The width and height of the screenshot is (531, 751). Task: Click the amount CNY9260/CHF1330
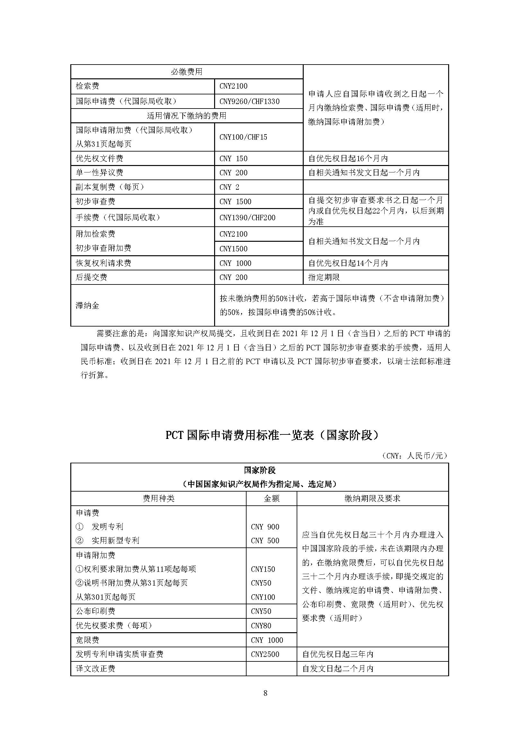pyautogui.click(x=249, y=101)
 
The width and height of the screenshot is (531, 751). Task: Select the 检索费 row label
pyautogui.click(x=87, y=86)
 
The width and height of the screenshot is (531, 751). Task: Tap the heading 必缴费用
pyautogui.click(x=187, y=72)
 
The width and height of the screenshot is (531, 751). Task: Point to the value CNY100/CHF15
pyautogui.click(x=243, y=137)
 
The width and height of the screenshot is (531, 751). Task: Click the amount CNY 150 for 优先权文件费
pyautogui.click(x=233, y=159)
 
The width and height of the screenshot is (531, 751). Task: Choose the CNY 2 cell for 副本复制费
pyautogui.click(x=229, y=187)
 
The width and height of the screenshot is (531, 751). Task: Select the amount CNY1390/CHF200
pyautogui.click(x=247, y=217)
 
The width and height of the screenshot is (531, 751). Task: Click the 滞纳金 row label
pyautogui.click(x=87, y=305)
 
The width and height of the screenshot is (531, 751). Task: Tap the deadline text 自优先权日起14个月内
pyautogui.click(x=348, y=263)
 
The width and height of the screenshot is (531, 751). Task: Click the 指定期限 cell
pyautogui.click(x=324, y=277)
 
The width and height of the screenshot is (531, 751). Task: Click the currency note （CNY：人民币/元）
pyautogui.click(x=414, y=456)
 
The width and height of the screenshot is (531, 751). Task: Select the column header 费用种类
pyautogui.click(x=159, y=499)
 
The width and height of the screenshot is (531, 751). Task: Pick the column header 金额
pyautogui.click(x=271, y=499)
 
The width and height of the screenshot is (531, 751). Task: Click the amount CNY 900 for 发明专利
pyautogui.click(x=265, y=527)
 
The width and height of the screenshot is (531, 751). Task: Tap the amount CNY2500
pyautogui.click(x=265, y=654)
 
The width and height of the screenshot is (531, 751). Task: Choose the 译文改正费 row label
pyautogui.click(x=95, y=668)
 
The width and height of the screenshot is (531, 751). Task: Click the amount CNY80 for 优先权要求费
pyautogui.click(x=261, y=626)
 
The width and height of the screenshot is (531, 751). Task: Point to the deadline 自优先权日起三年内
pyautogui.click(x=338, y=654)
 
